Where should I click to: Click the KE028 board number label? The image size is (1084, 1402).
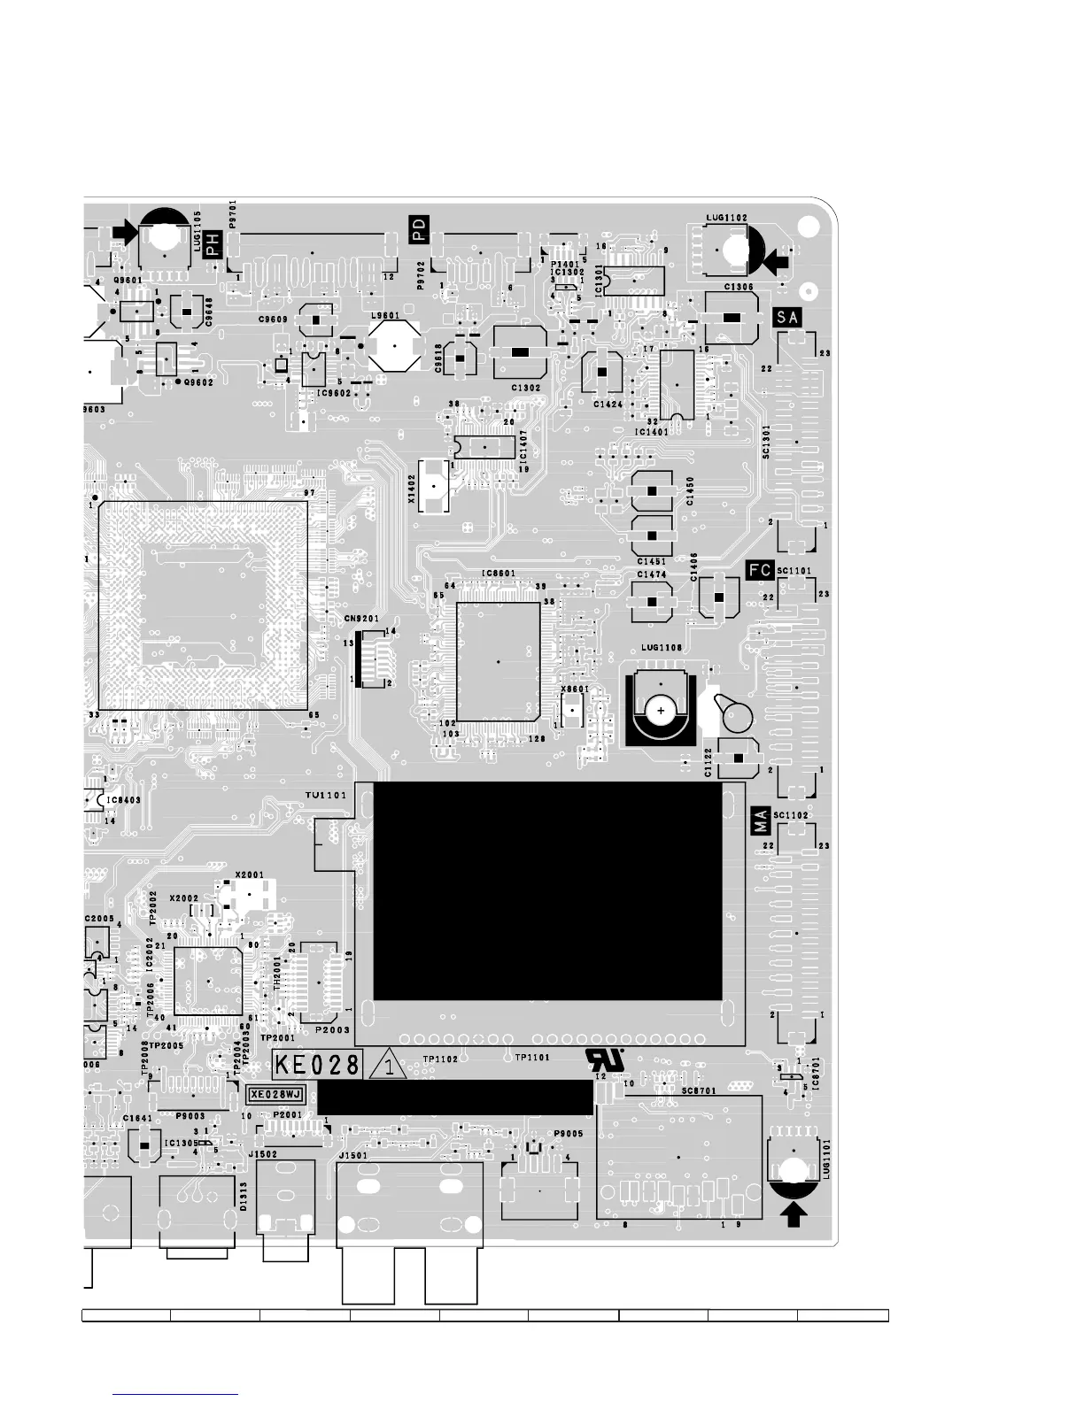317,1065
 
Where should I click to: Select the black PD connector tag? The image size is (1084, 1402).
419,229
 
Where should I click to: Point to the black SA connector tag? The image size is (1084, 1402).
787,317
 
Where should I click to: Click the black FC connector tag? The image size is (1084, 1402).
760,571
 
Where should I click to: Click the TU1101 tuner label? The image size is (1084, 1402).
325,796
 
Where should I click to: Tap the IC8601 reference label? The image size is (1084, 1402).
498,574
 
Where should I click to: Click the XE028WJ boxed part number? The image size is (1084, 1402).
275,1095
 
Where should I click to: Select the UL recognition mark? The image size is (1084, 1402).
605,1059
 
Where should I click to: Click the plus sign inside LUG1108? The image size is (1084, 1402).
661,711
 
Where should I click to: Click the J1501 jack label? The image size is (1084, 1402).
352,1154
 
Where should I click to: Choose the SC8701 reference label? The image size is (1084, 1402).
699,1091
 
